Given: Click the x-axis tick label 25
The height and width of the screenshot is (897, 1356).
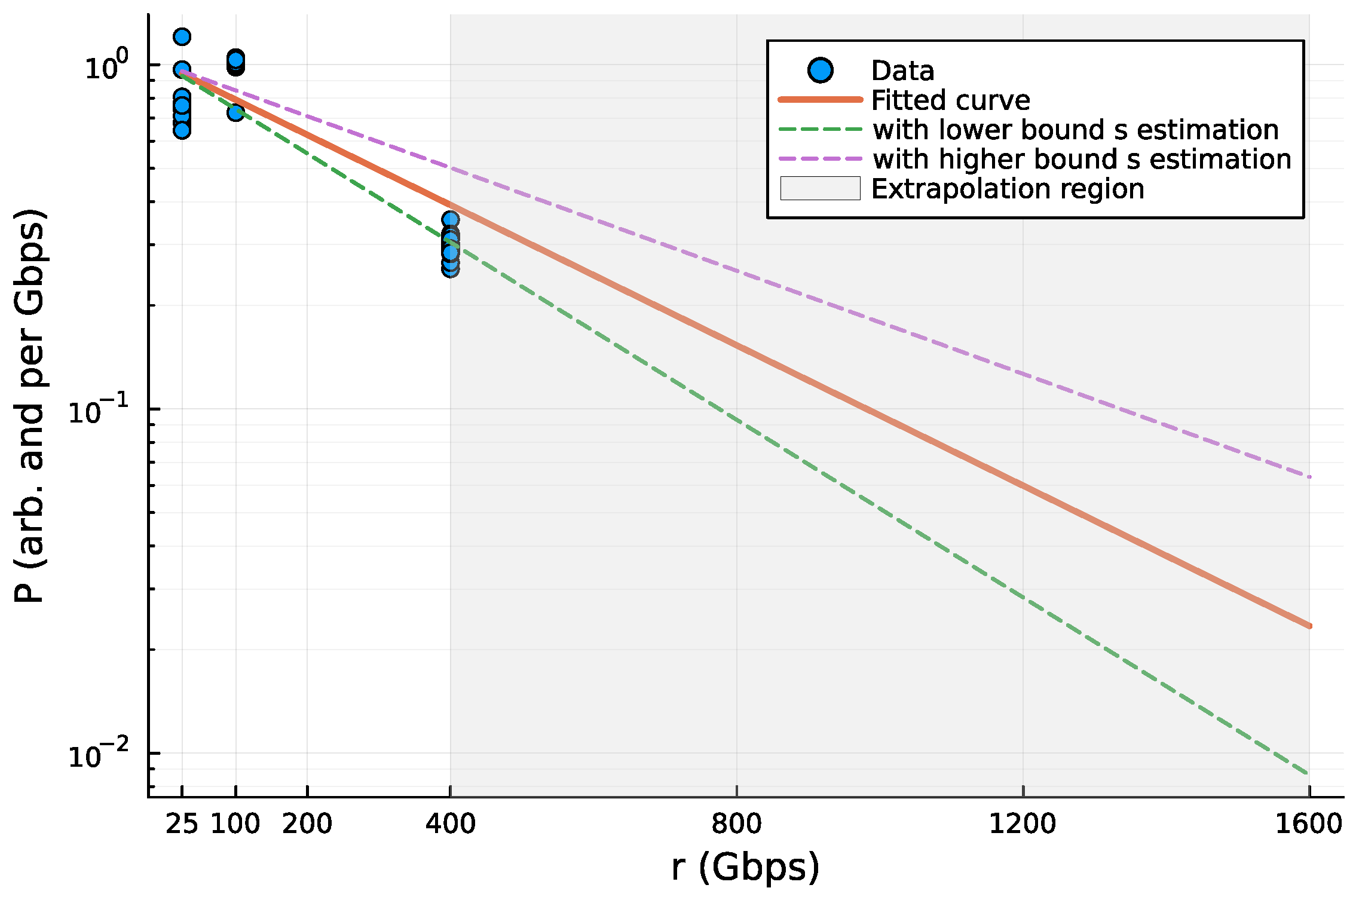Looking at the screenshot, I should tap(182, 824).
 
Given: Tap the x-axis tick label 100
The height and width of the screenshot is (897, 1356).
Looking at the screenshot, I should tap(235, 824).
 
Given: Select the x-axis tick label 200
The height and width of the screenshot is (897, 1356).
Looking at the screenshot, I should tap(307, 824).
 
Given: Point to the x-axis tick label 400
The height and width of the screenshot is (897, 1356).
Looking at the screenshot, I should tap(450, 824).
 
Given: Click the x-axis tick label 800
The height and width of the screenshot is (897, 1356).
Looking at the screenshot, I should tap(736, 824).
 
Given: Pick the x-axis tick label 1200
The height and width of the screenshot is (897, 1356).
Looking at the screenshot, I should tap(1023, 824).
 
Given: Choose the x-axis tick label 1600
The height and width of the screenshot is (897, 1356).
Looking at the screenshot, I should tap(1309, 824).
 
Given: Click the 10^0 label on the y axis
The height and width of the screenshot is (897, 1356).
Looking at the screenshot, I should tap(106, 67).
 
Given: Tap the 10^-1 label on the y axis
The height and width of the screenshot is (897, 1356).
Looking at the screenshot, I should tap(98, 411).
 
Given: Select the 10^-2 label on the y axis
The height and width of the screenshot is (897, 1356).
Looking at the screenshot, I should tap(98, 755).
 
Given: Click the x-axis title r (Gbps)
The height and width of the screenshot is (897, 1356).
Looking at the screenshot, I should tap(745, 867).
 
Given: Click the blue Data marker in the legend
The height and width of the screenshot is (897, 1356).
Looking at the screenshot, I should tap(820, 71).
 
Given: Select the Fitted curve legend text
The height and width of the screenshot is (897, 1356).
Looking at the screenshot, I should tap(950, 100).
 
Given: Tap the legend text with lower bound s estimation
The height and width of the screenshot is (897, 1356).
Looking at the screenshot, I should tap(1075, 130).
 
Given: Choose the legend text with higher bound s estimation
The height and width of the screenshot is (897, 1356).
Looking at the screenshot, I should tap(1082, 160).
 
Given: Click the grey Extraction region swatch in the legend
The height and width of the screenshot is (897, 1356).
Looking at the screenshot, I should tap(820, 189).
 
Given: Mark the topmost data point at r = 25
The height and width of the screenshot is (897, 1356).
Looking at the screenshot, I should tap(182, 37).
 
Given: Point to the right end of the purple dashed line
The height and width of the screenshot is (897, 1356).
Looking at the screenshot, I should tap(1309, 477).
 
